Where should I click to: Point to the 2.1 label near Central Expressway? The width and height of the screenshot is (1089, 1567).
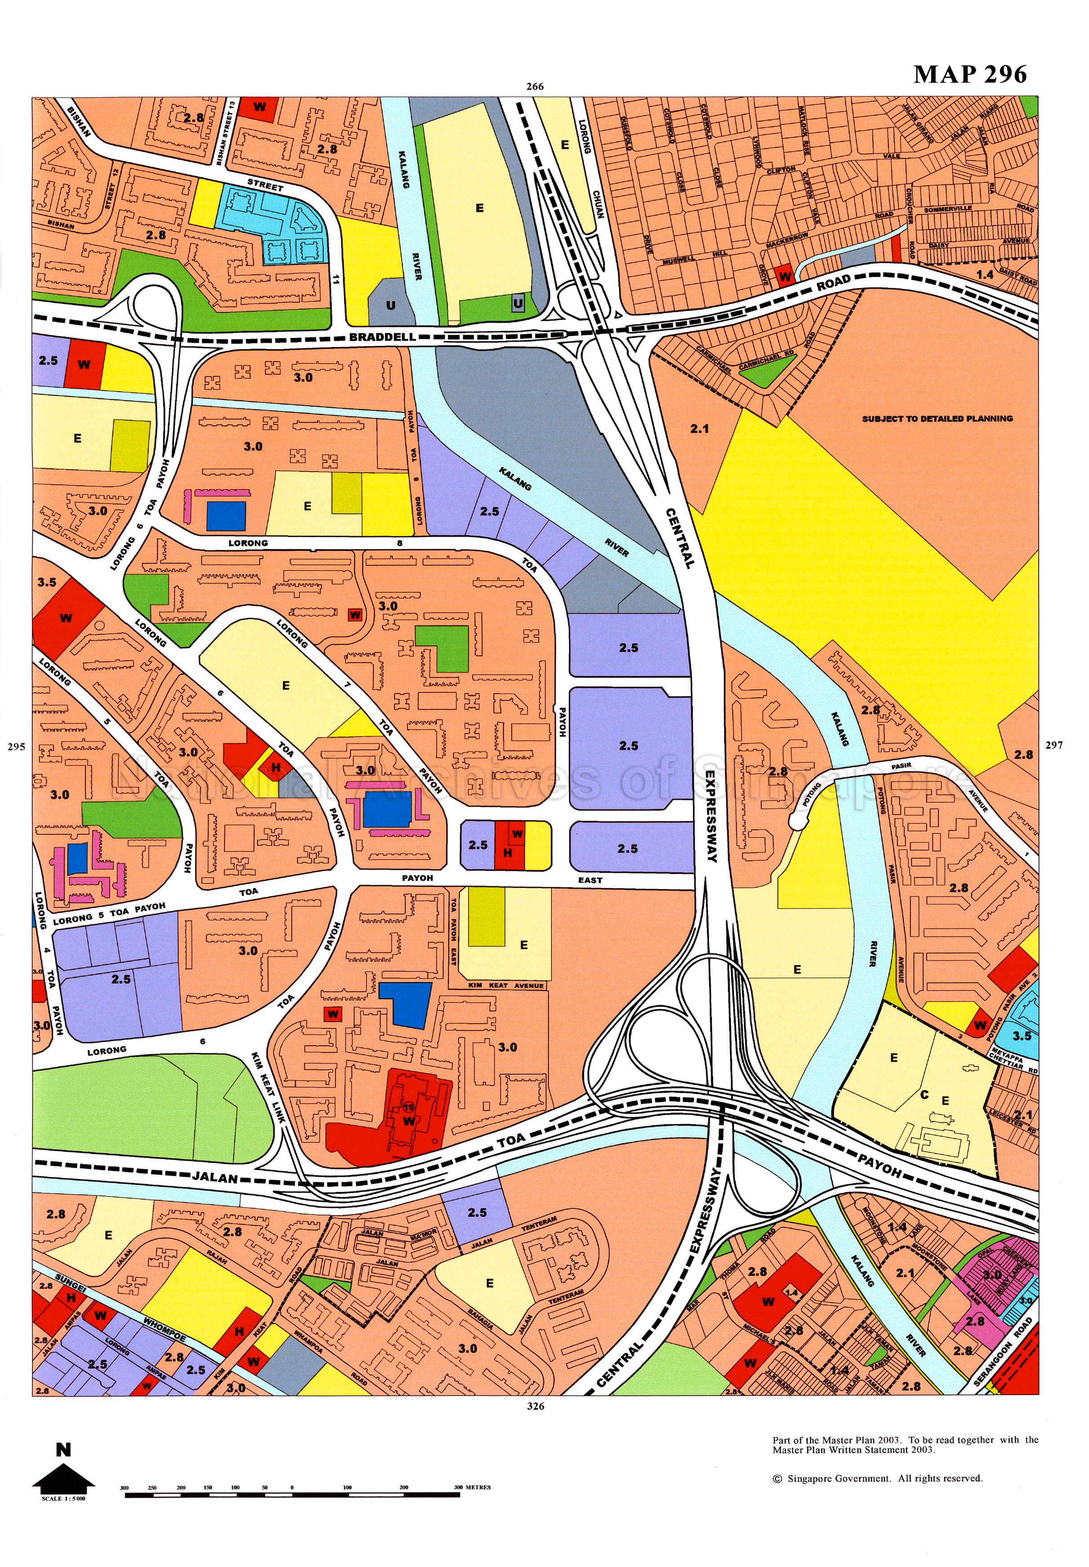click(x=699, y=429)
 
